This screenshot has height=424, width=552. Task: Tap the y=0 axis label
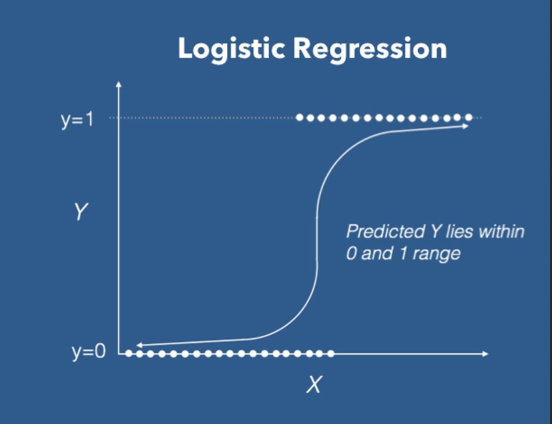(89, 352)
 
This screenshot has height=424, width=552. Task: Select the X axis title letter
(314, 384)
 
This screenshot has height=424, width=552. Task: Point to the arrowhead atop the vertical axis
(118, 84)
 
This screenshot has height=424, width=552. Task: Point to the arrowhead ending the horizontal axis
(486, 353)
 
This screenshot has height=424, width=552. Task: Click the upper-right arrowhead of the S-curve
(467, 126)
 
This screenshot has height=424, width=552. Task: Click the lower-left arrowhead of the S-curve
(139, 345)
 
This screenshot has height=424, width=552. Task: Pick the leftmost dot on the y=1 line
(299, 117)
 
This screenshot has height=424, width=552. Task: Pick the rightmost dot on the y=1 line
(468, 117)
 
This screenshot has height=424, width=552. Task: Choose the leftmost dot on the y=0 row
(129, 353)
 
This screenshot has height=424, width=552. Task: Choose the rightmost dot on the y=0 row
(330, 353)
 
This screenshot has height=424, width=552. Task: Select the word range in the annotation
(436, 254)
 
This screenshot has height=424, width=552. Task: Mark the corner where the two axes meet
(119, 353)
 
